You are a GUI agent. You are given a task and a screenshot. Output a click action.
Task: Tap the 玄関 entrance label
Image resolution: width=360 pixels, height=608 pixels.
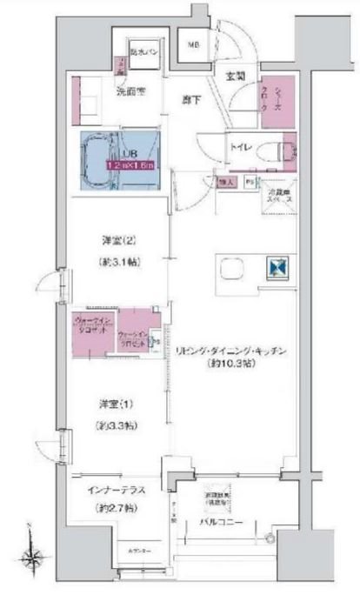coord(235,77)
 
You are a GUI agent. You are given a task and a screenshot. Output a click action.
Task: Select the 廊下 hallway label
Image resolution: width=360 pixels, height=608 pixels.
coord(191,100)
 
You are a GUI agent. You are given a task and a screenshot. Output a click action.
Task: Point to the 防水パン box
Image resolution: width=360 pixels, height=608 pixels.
coord(141,53)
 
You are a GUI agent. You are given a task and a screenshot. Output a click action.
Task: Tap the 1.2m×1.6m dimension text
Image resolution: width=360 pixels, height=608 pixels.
coord(130,165)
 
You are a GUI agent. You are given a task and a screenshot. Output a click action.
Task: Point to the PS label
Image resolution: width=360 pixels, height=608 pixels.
coord(250,184)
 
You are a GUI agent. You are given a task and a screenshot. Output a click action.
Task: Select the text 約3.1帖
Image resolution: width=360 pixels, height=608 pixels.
coord(110,262)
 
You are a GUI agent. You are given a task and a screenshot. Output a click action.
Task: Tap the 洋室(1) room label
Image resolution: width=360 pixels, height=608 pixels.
coord(110,403)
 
